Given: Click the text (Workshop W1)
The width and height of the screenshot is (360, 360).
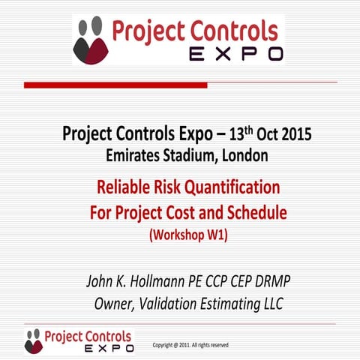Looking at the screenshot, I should pos(188,235).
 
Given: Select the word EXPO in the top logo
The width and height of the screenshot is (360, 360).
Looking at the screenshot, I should pos(235,54).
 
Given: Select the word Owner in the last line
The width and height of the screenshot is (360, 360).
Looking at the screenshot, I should pos(118,304).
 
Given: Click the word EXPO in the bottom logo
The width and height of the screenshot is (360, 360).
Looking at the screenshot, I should pos(109,349).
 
